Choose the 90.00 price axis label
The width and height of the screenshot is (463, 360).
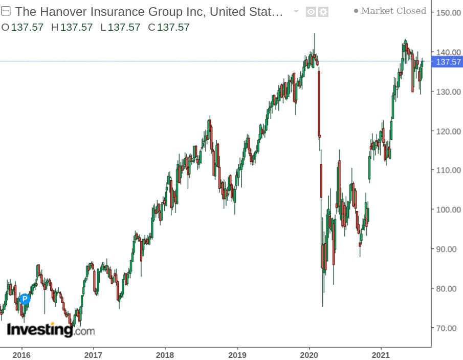(x=447, y=249)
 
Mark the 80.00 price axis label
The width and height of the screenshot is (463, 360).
(x=447, y=288)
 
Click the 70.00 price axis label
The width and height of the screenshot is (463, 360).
(x=447, y=328)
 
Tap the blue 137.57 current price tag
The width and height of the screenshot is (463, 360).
(x=446, y=62)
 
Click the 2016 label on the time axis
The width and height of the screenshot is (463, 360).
(x=21, y=354)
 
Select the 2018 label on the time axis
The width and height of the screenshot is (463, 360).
(x=165, y=354)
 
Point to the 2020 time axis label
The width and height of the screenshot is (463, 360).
(x=309, y=354)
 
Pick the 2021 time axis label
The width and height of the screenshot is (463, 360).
(x=381, y=354)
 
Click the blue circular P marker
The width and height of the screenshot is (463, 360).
(x=25, y=299)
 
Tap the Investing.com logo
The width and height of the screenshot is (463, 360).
(x=51, y=330)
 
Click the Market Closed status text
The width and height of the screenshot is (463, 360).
(x=393, y=11)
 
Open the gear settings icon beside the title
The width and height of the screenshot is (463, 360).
(x=323, y=12)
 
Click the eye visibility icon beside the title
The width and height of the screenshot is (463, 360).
(x=311, y=12)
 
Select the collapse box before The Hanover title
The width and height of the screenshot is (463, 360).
(x=6, y=12)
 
